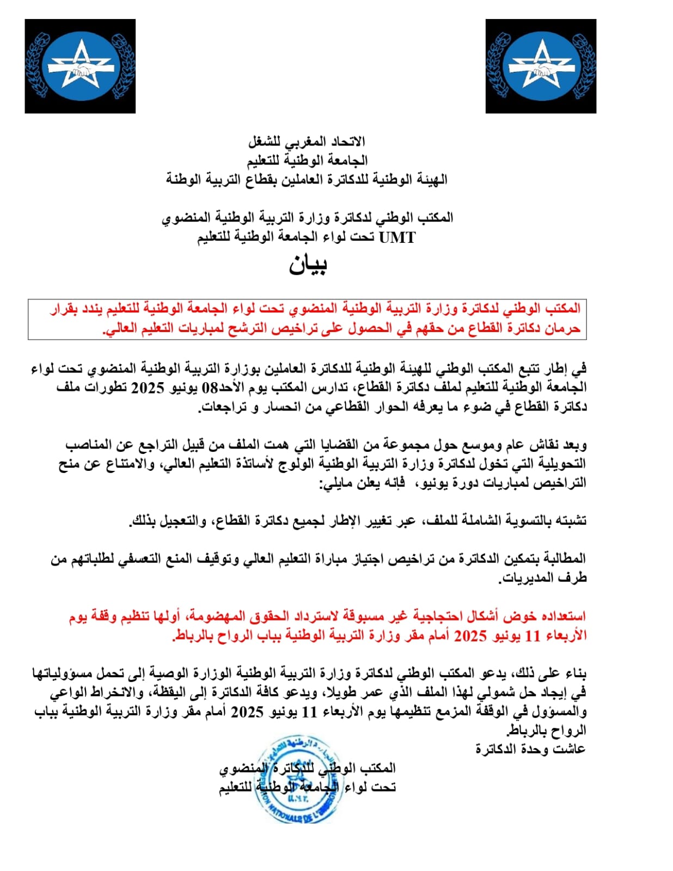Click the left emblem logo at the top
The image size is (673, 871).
[x=80, y=66]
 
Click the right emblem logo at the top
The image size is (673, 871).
[x=541, y=66]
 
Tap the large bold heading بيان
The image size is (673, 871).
[x=308, y=265]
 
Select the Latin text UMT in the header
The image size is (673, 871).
[x=397, y=237]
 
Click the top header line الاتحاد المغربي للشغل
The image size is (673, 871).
[x=307, y=142]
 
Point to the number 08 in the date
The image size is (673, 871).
[x=210, y=388]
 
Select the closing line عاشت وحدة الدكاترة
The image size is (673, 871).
[x=530, y=749]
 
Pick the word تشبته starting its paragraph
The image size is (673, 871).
[x=571, y=521]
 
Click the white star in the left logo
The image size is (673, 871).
[x=81, y=65]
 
